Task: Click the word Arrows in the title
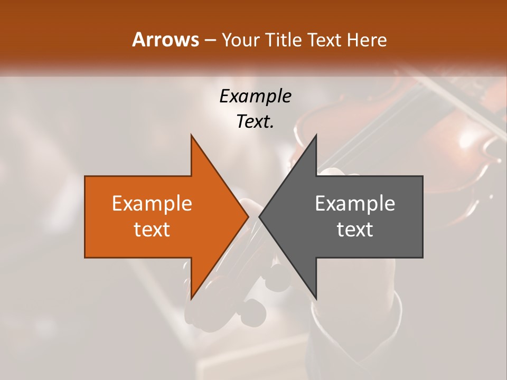166,40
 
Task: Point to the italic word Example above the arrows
255,97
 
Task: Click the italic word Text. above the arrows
255,122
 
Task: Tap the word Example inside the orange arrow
152,204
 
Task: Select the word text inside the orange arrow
152,230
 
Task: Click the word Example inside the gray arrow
355,204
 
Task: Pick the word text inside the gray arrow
355,230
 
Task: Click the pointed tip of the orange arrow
248,216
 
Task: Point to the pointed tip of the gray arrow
260,216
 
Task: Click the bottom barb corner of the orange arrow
191,298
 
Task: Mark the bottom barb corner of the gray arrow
316,298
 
